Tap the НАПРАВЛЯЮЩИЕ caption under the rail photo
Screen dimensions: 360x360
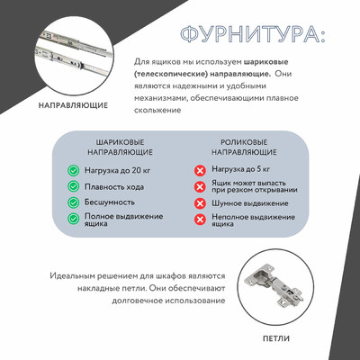click(x=73, y=105)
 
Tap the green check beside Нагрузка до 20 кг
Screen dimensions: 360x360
click(x=72, y=170)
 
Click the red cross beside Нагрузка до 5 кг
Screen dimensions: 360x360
click(x=201, y=170)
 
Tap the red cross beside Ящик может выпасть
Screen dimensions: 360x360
click(x=201, y=187)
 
